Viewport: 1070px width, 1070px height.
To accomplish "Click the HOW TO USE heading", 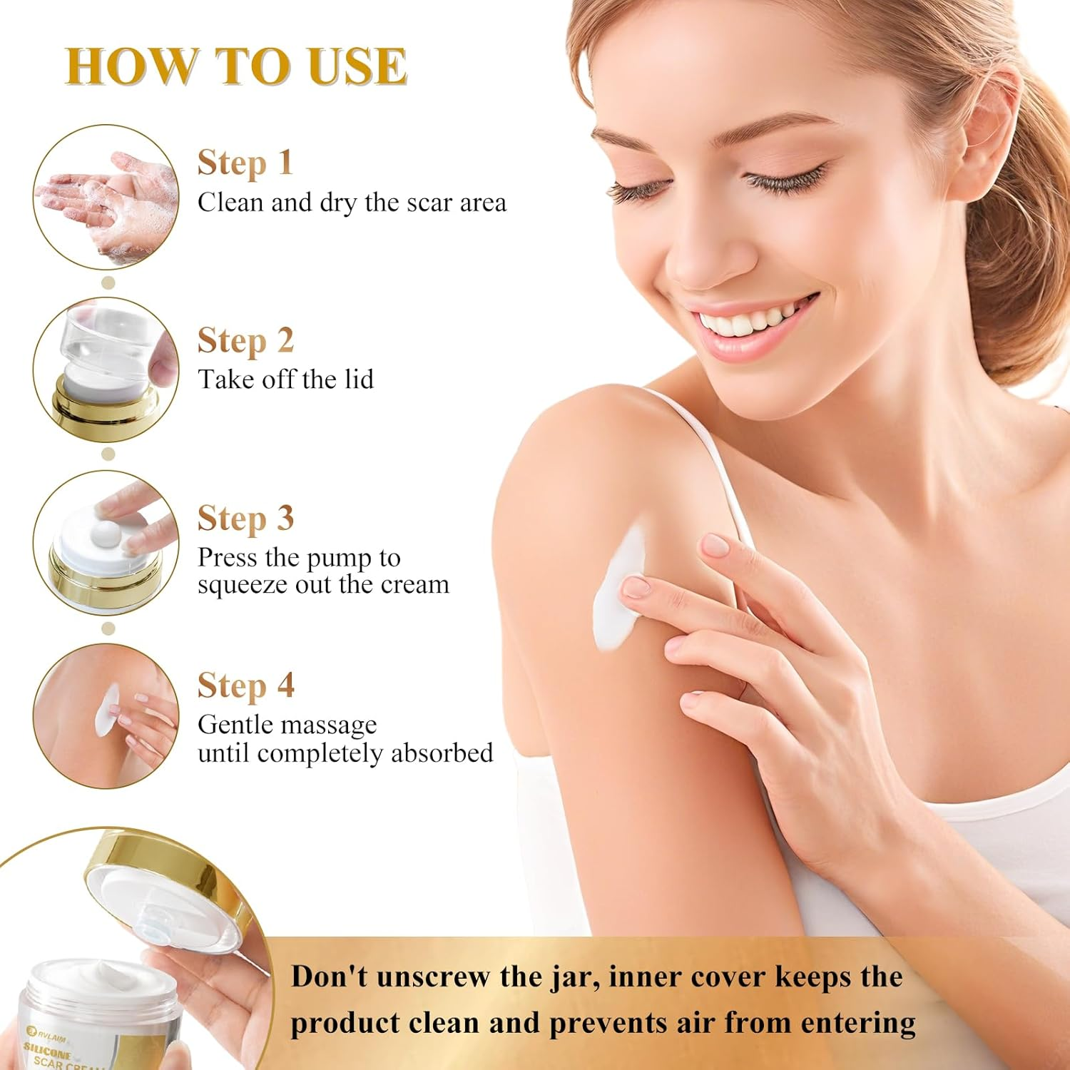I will pyautogui.click(x=236, y=66).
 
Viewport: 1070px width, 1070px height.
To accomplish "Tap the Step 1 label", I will pyautogui.click(x=245, y=163).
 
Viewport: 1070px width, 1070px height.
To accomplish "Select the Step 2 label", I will pyautogui.click(x=245, y=340).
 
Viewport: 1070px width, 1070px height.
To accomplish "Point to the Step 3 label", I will pyautogui.click(x=245, y=518).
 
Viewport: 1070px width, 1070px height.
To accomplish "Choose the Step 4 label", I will pyautogui.click(x=245, y=686).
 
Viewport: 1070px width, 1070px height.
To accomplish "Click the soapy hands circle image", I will pyautogui.click(x=106, y=198).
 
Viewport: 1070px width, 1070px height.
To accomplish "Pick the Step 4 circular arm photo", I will pyautogui.click(x=106, y=715).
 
